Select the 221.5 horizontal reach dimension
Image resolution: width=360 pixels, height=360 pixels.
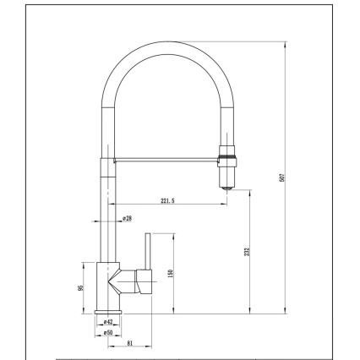pos(166,200)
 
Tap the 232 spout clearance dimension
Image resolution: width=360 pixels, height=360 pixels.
pos(247,251)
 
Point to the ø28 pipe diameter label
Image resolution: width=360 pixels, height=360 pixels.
pos(126,218)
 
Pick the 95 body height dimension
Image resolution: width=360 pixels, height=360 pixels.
pos(81,286)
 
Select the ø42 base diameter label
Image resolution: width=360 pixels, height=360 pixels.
pos(109,323)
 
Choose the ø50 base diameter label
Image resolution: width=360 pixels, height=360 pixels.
pos(109,332)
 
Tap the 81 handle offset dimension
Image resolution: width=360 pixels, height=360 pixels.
pos(128,342)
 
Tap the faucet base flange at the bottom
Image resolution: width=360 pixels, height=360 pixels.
pos(109,313)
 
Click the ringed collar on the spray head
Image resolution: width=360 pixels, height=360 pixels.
pos(226,154)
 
